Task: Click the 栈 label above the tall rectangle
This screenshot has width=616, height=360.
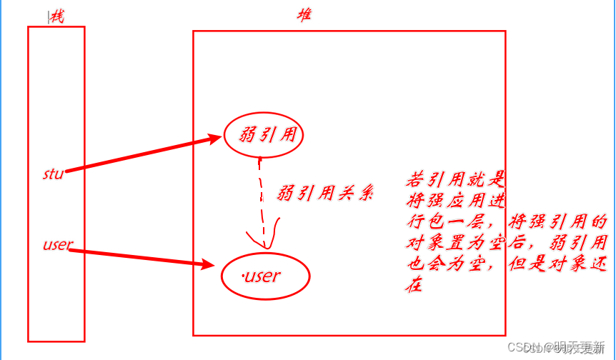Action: tap(56, 17)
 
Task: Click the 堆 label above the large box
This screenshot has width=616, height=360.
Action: tap(304, 15)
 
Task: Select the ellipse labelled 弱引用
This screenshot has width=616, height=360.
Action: tap(264, 134)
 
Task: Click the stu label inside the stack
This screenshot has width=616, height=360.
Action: tap(53, 173)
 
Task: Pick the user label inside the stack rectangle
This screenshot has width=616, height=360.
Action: tap(57, 244)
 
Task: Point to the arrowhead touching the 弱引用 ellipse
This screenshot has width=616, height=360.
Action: tap(214, 139)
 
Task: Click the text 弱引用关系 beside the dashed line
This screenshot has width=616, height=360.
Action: tap(324, 194)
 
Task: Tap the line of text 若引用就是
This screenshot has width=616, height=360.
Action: tap(456, 178)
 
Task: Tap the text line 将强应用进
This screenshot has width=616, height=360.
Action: tap(456, 199)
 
